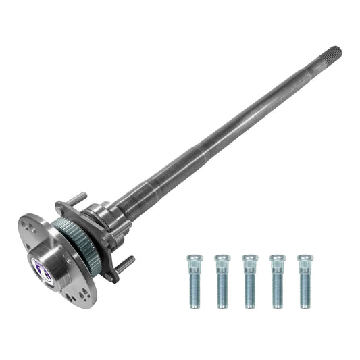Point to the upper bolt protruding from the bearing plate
pos(76,199)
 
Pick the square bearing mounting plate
pos(91,223)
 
